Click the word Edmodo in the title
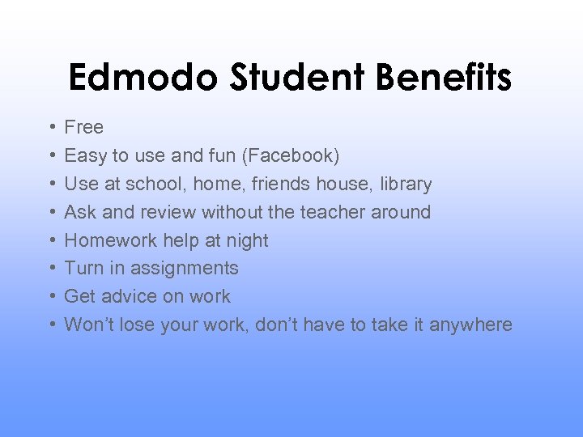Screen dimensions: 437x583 (x=142, y=78)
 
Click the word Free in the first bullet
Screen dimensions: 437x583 (x=84, y=127)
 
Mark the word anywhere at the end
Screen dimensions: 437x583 (x=470, y=325)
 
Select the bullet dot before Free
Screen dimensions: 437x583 (x=51, y=127)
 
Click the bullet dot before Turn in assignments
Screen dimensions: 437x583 (x=51, y=268)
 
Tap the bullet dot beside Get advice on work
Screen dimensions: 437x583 (x=51, y=296)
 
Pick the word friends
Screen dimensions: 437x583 (x=282, y=184)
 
